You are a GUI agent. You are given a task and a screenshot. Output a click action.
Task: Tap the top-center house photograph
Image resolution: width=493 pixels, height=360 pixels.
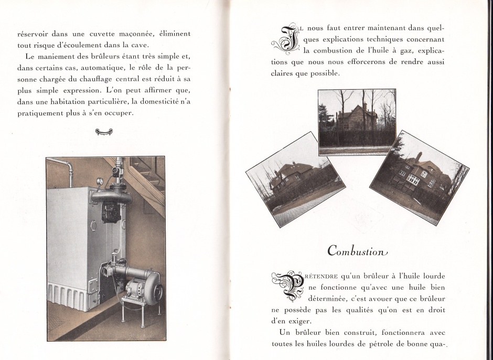(x=357, y=122)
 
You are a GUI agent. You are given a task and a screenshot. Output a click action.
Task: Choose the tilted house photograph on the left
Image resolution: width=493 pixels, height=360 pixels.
(x=296, y=179)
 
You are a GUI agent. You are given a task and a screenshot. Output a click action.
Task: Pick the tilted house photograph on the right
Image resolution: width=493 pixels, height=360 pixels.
(x=419, y=177)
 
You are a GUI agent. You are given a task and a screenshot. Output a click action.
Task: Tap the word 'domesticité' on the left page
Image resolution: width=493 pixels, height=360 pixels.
(x=151, y=102)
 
